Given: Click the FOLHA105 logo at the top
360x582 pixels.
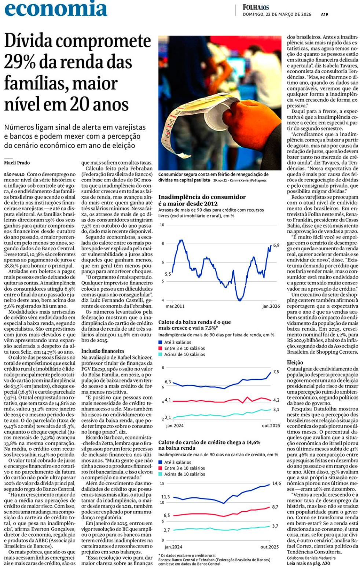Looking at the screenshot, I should [x=256, y=7].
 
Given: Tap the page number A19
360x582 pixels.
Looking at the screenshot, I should [x=324, y=14].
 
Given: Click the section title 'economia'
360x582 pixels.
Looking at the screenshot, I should [x=56, y=9].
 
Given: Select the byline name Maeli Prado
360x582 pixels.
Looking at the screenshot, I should [x=17, y=163].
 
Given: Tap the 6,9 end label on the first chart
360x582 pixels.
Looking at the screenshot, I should [x=276, y=245].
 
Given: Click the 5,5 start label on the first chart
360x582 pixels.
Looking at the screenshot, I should [x=168, y=274].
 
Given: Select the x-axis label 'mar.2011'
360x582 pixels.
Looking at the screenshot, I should [x=175, y=306].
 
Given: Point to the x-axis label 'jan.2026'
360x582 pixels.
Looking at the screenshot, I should [x=271, y=306].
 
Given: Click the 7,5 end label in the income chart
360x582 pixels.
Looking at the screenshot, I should [x=276, y=372].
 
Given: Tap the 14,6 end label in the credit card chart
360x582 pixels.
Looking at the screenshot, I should [x=276, y=483].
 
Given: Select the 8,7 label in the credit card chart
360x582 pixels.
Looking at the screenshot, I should [x=275, y=507].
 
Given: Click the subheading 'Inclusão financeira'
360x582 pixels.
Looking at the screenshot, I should [x=102, y=351].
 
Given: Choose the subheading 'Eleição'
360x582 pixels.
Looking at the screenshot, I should [x=295, y=362].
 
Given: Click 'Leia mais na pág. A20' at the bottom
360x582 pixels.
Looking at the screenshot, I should [x=308, y=563].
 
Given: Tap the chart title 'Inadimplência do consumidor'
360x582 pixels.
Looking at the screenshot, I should [x=202, y=197].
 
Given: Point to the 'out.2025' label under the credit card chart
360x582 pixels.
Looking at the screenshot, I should [x=269, y=547].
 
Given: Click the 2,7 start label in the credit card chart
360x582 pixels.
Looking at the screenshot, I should [x=167, y=530].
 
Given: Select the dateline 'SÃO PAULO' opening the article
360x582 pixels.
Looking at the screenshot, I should [x=14, y=174].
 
